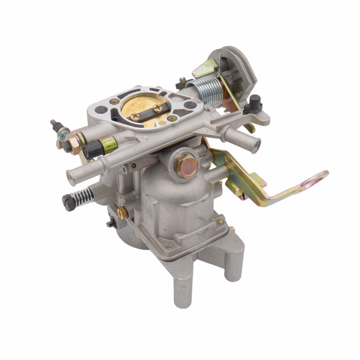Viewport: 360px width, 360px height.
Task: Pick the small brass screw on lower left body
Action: (122, 213)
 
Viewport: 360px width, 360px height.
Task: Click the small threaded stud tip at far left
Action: (53, 122)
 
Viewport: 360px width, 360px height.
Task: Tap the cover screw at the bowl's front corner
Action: (168, 248)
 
